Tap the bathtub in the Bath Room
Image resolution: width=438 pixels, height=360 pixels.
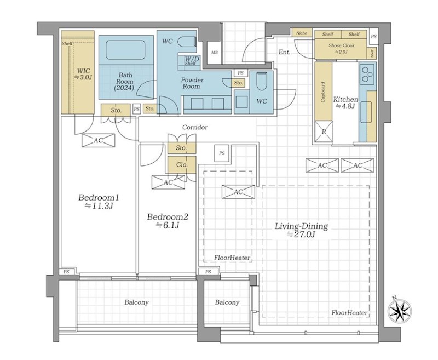125,50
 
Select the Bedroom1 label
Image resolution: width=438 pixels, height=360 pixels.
99,202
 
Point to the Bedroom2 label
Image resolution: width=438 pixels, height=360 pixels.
168,221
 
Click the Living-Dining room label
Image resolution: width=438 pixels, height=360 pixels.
302,230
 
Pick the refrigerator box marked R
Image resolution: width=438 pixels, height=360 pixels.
324,132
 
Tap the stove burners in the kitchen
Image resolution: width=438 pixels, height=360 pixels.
367,75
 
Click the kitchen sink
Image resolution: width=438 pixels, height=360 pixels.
366,112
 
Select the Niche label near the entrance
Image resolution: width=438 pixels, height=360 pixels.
302,33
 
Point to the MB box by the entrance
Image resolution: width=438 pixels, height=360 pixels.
214,52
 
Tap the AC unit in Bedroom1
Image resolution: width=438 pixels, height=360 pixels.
99,140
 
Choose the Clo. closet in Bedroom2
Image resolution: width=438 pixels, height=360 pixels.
182,165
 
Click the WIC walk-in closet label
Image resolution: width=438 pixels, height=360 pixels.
83,74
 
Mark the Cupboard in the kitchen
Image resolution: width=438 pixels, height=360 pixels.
323,92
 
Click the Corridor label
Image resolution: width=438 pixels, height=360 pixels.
195,128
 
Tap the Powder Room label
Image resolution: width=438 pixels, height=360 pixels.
192,83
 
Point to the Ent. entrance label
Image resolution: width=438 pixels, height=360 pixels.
284,52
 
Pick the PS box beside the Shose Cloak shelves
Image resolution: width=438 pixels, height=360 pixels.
374,36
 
